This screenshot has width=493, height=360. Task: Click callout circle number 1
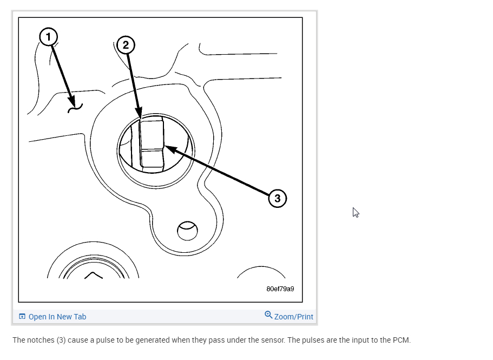coord(48,37)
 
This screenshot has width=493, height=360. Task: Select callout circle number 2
coord(126,44)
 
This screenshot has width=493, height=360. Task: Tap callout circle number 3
coord(277,198)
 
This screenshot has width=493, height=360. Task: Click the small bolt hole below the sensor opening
coord(187,232)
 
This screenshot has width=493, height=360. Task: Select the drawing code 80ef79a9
coord(280,289)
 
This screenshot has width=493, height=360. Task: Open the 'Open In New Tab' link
coord(57,317)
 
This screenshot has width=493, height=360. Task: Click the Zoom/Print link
coord(293,317)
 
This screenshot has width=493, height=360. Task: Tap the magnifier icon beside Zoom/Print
coord(268,315)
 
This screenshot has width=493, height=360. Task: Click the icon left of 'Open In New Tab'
coord(22,317)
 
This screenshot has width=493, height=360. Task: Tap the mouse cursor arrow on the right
coord(355,212)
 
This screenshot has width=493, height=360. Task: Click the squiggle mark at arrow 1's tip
coord(75,109)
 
